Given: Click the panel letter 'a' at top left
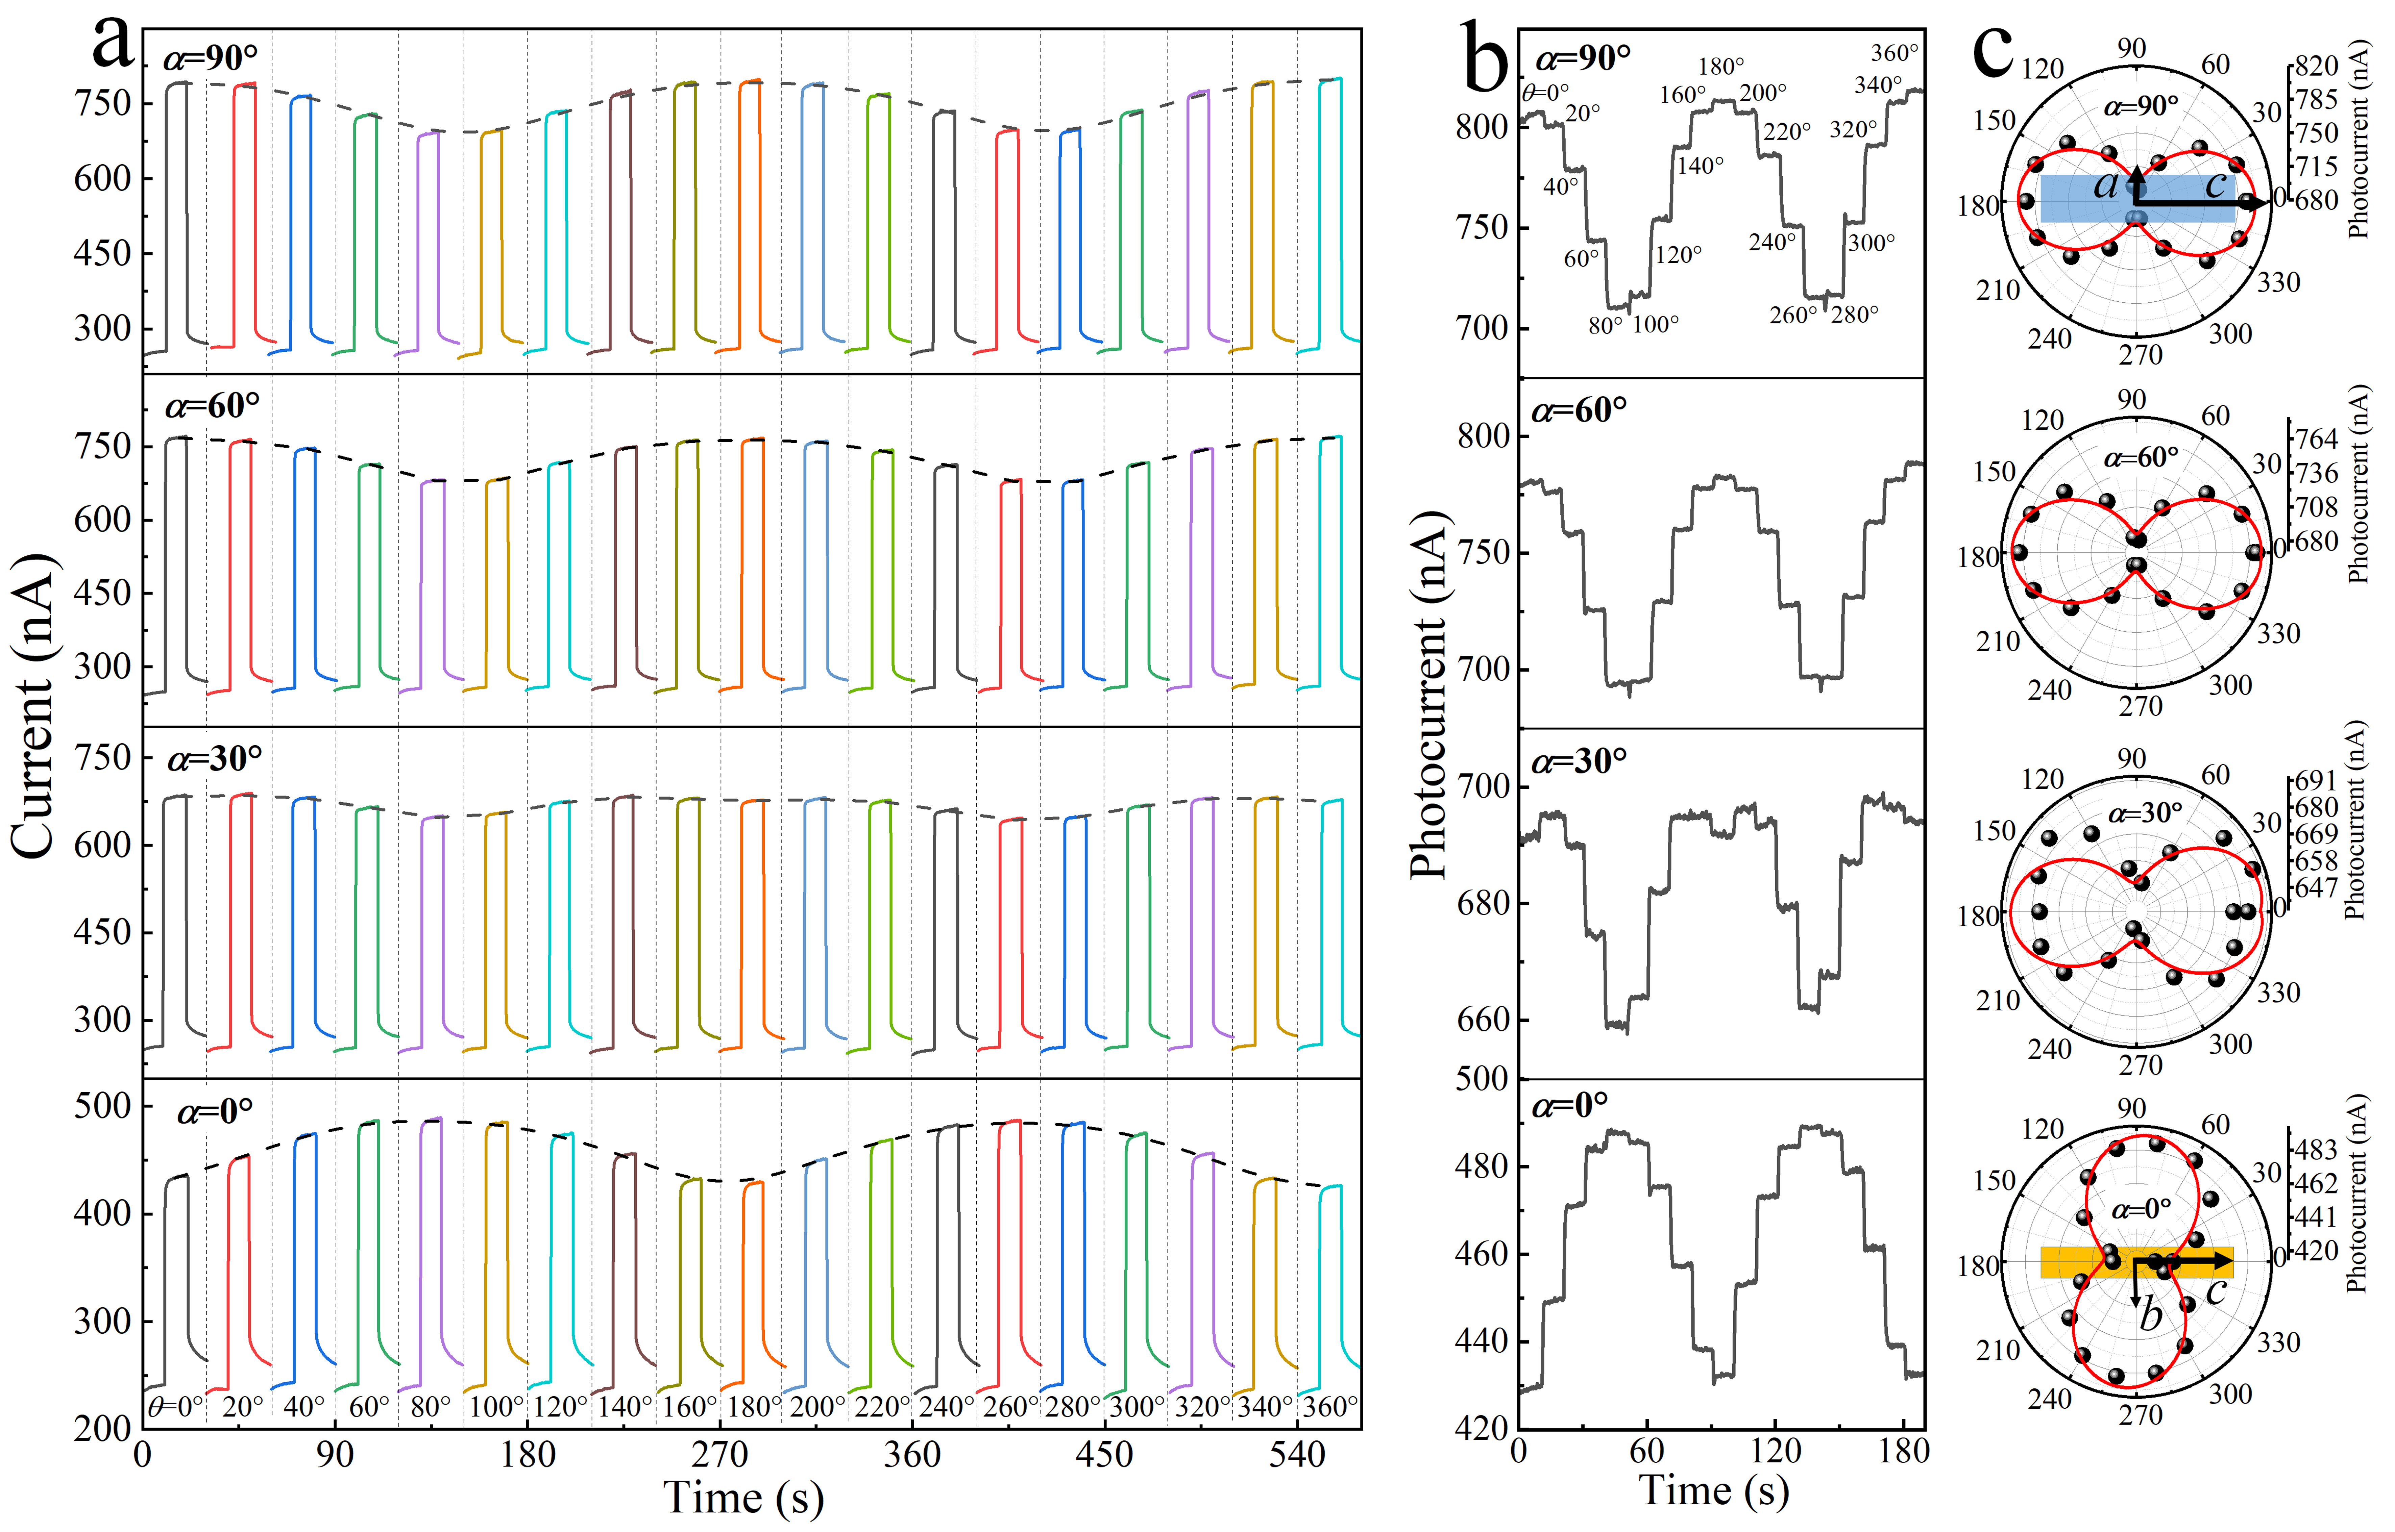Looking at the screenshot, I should pyautogui.click(x=113, y=45).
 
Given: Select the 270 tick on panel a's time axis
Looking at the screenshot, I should pyautogui.click(x=719, y=1455).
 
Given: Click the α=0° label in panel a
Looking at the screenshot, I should pyautogui.click(x=215, y=1110).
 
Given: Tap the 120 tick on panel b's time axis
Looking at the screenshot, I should pyautogui.click(x=1776, y=1451).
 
